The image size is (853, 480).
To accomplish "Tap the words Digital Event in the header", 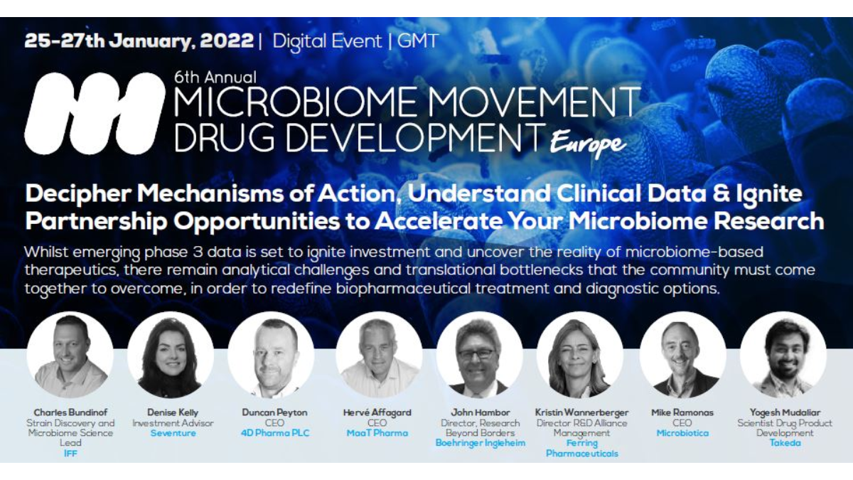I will pos(326,41).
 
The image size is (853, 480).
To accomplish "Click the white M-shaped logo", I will pos(95,113).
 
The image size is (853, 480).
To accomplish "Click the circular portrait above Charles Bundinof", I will pos(70,355).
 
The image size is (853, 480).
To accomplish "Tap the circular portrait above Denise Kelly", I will pos(171,355).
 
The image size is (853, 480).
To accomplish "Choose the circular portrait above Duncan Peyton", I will pos(273,355).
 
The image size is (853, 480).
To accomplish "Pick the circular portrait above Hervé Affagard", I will pos(377,355).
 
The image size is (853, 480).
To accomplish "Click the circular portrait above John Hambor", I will pos(478,355).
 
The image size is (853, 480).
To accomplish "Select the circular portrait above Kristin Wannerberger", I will pos(580,355).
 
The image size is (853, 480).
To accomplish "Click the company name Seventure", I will pos(173,433).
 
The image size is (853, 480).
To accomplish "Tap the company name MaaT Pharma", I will pos(377,433).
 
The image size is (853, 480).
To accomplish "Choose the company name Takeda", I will pos(785,442).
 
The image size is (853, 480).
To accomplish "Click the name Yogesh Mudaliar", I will pos(785,412).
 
